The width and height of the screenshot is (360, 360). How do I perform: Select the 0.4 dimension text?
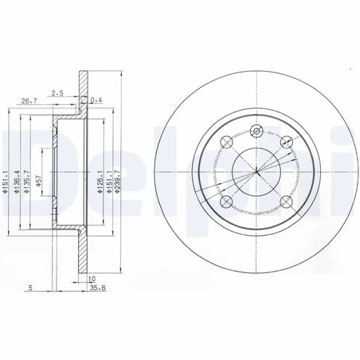96,100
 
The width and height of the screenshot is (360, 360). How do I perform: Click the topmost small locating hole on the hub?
256,133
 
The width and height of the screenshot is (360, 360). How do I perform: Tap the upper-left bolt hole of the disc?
225,143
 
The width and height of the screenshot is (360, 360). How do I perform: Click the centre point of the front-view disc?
256,171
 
